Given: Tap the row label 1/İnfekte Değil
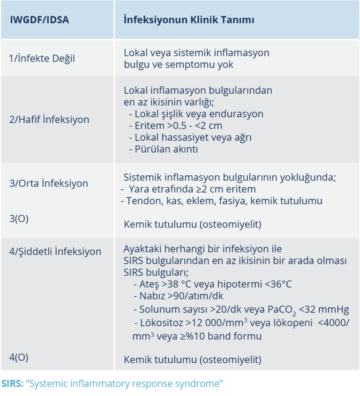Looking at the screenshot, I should [x=42, y=59].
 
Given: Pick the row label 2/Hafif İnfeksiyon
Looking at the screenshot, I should [x=49, y=119].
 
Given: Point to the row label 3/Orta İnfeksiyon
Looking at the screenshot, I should [x=48, y=183].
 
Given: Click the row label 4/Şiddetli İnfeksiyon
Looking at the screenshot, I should [x=55, y=251].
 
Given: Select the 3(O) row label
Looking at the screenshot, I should [x=19, y=218].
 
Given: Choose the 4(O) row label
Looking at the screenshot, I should [x=19, y=357].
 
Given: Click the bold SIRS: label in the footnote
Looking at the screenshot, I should [x=12, y=383].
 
